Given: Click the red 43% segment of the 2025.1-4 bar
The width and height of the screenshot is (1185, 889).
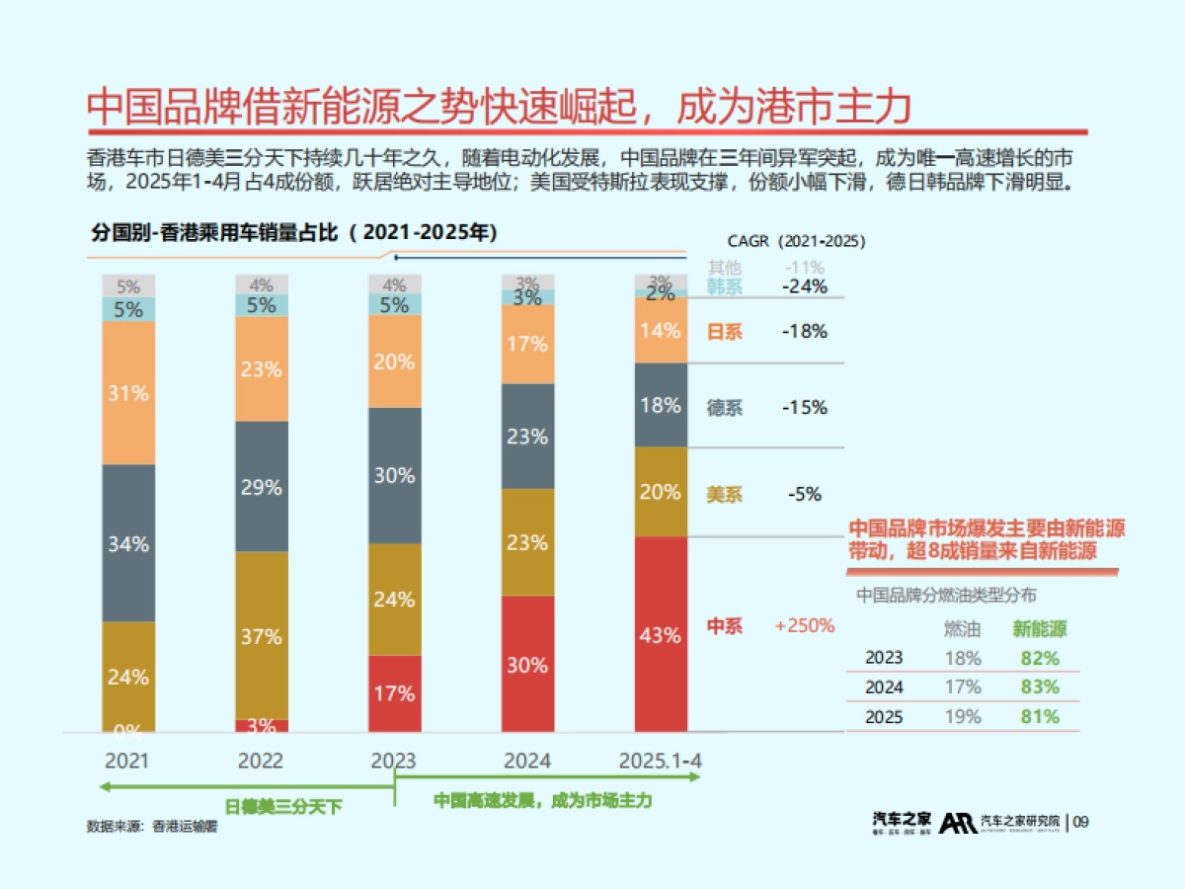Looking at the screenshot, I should coord(660,635).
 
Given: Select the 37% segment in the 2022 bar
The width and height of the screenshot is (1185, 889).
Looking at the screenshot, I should coord(262,637).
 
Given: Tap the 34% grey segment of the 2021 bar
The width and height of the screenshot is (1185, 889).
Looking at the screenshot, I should coord(128,543).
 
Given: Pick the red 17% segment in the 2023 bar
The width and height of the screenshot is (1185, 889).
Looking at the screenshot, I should coord(394,693).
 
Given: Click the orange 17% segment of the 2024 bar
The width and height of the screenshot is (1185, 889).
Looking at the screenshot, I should coord(527,344).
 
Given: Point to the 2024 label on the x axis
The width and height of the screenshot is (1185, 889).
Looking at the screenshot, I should coord(527,762).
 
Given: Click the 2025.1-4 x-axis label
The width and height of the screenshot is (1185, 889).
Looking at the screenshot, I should coord(660,762).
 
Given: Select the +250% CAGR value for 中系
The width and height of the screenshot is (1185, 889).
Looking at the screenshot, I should coord(805,625).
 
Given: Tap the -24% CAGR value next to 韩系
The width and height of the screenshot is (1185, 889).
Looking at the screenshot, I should coord(804,286).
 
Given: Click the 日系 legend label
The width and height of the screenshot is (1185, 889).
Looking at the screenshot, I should coord(725,332).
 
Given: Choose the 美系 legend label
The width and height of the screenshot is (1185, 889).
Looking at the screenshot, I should coord(725,494).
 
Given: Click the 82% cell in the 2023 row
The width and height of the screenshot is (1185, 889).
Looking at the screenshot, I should coord(1040,658).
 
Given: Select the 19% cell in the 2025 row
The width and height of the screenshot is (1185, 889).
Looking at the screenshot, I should coord(962,717).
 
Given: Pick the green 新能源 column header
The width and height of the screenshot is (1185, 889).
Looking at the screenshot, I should coord(1040,628).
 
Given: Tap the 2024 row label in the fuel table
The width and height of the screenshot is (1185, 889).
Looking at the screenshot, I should coord(884,687).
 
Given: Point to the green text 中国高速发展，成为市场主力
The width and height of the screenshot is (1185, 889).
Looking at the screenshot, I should coord(543,801).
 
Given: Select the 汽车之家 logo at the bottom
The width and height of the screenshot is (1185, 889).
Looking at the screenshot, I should coord(902,822).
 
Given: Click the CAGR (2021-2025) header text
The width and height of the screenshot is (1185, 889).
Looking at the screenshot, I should coord(796,241).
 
